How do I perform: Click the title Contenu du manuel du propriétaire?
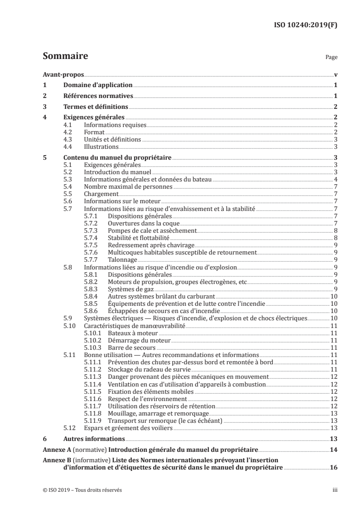(x=118, y=157)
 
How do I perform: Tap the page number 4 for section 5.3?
(x=335, y=179)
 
